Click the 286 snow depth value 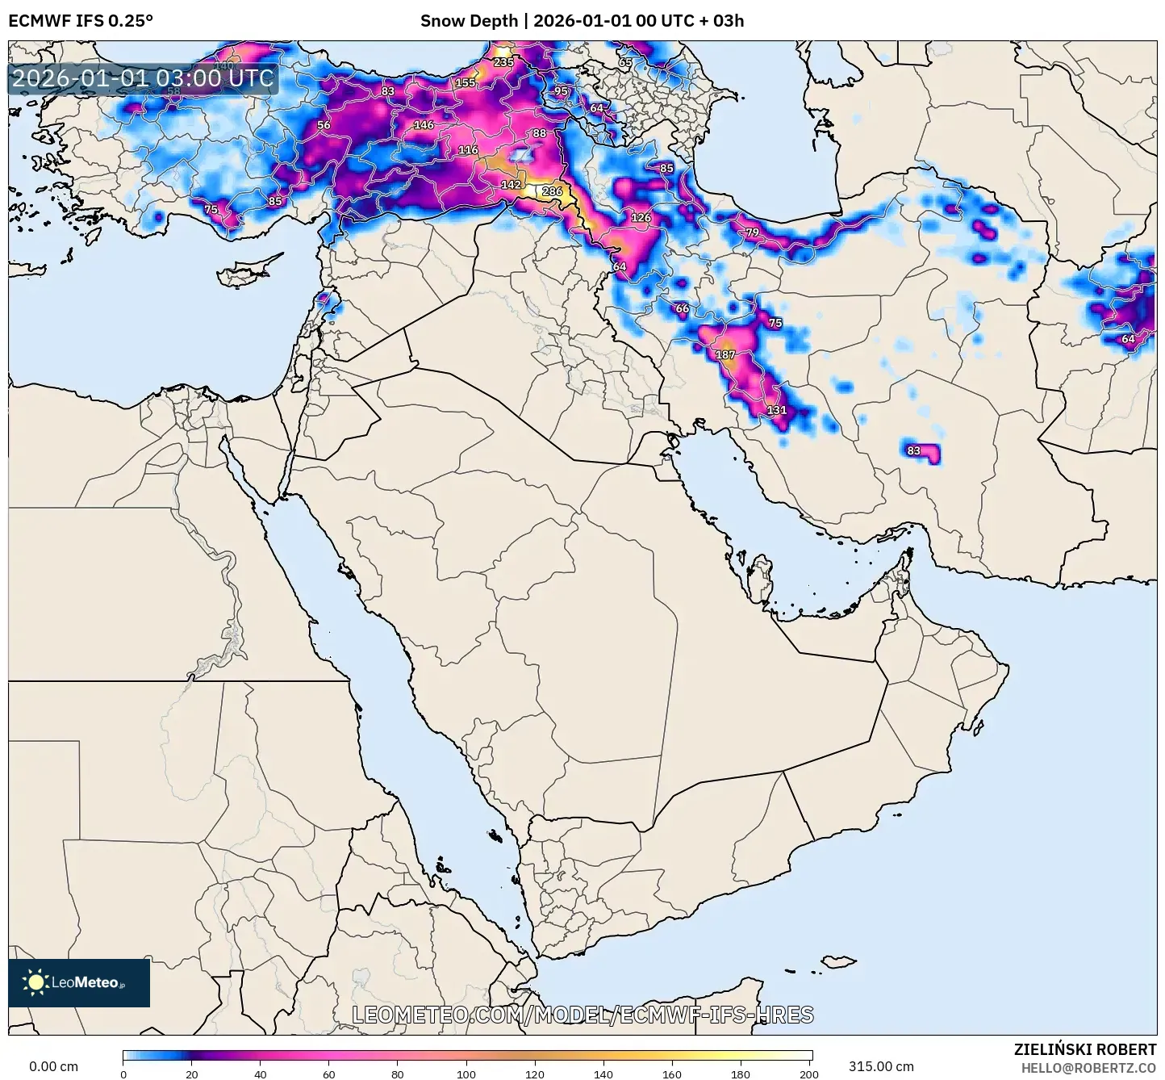(x=552, y=191)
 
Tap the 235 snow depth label (x=503, y=62)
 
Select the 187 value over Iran (x=725, y=354)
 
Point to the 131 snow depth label (x=776, y=410)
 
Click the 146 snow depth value (x=424, y=125)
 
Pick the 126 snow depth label (x=641, y=217)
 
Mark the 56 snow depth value (x=324, y=125)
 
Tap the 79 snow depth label (x=752, y=232)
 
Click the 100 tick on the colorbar (x=466, y=1074)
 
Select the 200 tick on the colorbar (x=808, y=1074)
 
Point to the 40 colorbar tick (x=261, y=1074)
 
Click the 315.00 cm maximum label (x=881, y=1066)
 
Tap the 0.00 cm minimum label (x=53, y=1066)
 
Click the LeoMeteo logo (x=79, y=982)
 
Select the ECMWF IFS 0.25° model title (x=81, y=21)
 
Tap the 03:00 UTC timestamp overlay (x=143, y=78)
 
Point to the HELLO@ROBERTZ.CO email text (x=1088, y=1067)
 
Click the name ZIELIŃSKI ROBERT (x=1085, y=1049)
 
